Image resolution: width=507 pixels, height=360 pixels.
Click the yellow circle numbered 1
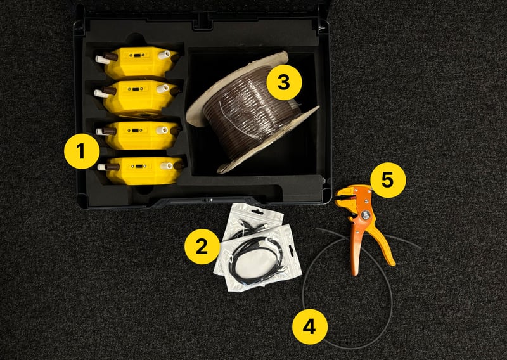coord(82,151)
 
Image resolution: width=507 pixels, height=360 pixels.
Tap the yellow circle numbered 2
coord(202,247)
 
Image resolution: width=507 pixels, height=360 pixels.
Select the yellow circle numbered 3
coord(284,82)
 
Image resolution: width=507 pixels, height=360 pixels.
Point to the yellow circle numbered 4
coord(310,326)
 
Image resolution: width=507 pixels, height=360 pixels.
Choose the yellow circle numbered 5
coord(388,180)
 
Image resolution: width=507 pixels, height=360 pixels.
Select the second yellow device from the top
coord(138,98)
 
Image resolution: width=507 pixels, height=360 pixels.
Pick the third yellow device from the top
coord(139,135)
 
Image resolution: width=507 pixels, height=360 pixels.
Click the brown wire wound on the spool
coord(250,112)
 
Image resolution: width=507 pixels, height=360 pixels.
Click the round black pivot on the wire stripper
coord(366,215)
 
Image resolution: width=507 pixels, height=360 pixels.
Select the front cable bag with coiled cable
coord(259,259)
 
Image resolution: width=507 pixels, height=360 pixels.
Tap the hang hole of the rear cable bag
coord(257,212)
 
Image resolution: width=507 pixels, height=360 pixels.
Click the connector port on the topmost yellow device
coord(138,55)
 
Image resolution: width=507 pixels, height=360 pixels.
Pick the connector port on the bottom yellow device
coord(139,166)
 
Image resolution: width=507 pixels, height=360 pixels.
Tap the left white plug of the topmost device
coord(103,60)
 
